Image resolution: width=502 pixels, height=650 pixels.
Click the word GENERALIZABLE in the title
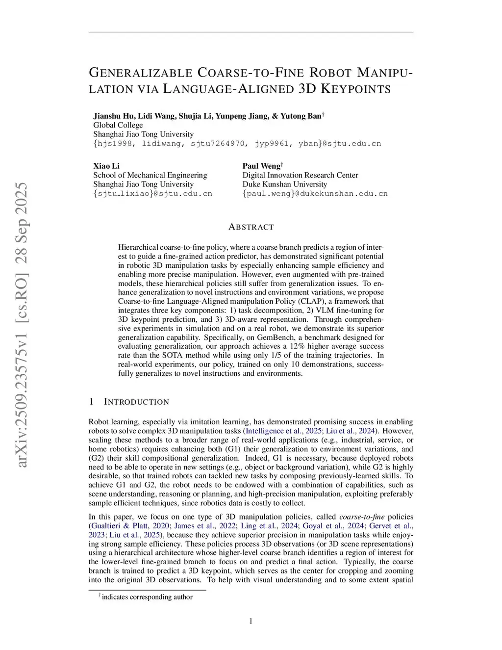coord(140,73)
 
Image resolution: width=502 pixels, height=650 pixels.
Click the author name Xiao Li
coord(106,166)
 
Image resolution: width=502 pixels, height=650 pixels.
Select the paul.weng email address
coord(315,194)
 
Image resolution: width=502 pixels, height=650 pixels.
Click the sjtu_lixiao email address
coord(152,194)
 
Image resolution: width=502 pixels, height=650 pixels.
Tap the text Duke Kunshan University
coord(284,184)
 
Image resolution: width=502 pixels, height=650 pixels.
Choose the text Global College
coord(118,125)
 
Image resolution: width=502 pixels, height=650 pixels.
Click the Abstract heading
coord(251,227)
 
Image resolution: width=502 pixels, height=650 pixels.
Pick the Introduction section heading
coord(136,402)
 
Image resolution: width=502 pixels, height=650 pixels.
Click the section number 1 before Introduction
coord(91,402)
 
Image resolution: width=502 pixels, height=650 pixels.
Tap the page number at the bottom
coord(251,622)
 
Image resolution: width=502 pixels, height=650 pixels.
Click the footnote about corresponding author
coord(146,597)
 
